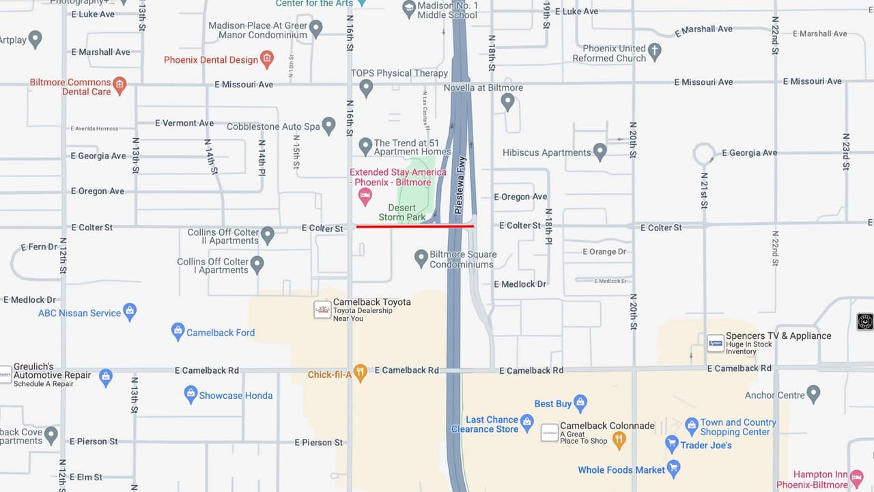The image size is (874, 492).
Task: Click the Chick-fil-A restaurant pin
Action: [361, 372]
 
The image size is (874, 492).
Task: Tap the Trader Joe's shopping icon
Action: [672, 444]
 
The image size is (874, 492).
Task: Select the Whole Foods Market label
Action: [621, 470]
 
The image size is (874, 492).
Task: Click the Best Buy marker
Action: [580, 402]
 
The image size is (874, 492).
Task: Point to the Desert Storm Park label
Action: [407, 213]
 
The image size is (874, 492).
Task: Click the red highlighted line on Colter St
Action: [414, 226]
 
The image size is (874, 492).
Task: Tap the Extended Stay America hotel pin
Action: [365, 197]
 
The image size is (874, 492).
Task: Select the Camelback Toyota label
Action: [371, 302]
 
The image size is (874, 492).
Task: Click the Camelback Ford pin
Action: [178, 331]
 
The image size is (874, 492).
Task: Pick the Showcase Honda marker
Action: [191, 394]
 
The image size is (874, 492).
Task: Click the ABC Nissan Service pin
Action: [130, 312]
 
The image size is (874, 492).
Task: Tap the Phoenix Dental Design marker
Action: [267, 59]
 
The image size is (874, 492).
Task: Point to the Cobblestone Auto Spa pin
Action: [328, 125]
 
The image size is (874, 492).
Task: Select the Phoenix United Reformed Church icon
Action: [654, 51]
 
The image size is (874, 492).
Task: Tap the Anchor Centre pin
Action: [813, 394]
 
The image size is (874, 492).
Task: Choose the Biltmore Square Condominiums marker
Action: [421, 258]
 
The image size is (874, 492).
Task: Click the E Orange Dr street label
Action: [604, 252]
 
